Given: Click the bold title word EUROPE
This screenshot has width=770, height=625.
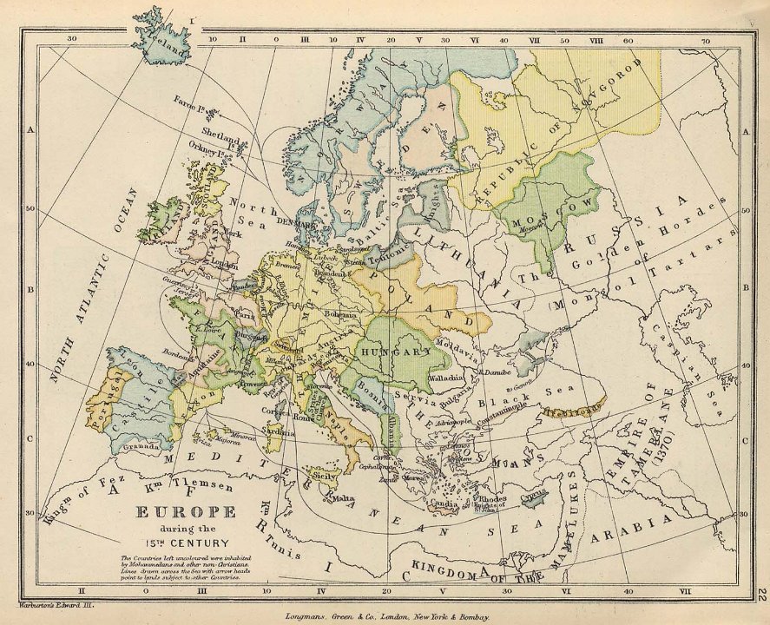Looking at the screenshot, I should point(185,512).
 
